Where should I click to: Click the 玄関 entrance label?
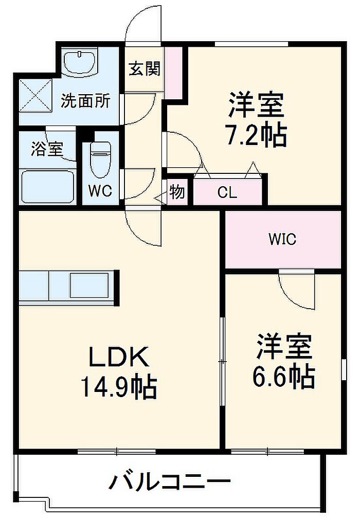144,69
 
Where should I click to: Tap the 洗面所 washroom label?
85,101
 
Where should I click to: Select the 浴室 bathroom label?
47,149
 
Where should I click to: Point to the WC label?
100,191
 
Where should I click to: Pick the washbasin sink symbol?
80,63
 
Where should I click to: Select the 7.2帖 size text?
256,135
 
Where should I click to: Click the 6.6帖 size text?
283,377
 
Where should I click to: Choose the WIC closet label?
282,239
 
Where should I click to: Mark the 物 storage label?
176,192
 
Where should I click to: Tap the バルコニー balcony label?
170,482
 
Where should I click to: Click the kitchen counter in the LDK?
69,286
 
